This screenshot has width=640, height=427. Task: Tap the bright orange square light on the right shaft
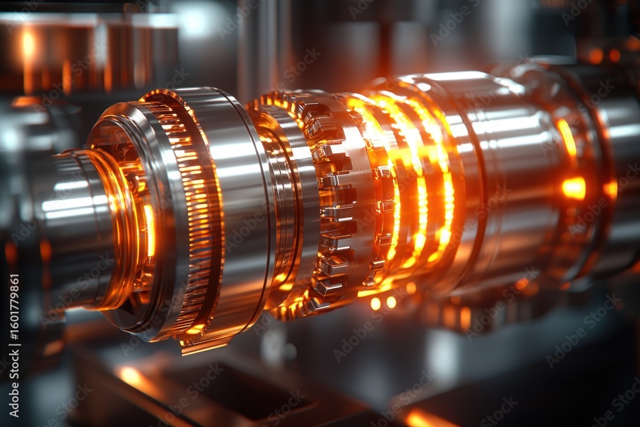pyautogui.click(x=574, y=188)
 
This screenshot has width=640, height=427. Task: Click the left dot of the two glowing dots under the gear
pyautogui.click(x=376, y=303)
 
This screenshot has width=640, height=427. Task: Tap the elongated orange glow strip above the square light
pyautogui.click(x=566, y=138)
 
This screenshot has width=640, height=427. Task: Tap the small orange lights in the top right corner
pyautogui.click(x=605, y=54)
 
